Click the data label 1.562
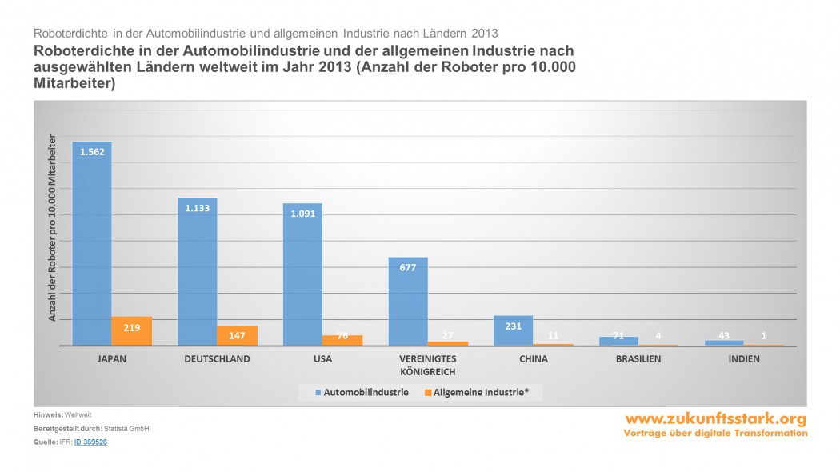92,151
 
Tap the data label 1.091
302,213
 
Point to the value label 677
408,267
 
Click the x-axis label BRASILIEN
638,359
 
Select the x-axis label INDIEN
743,359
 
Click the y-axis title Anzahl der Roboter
53,228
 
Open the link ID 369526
90,442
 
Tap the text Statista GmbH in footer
126,429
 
